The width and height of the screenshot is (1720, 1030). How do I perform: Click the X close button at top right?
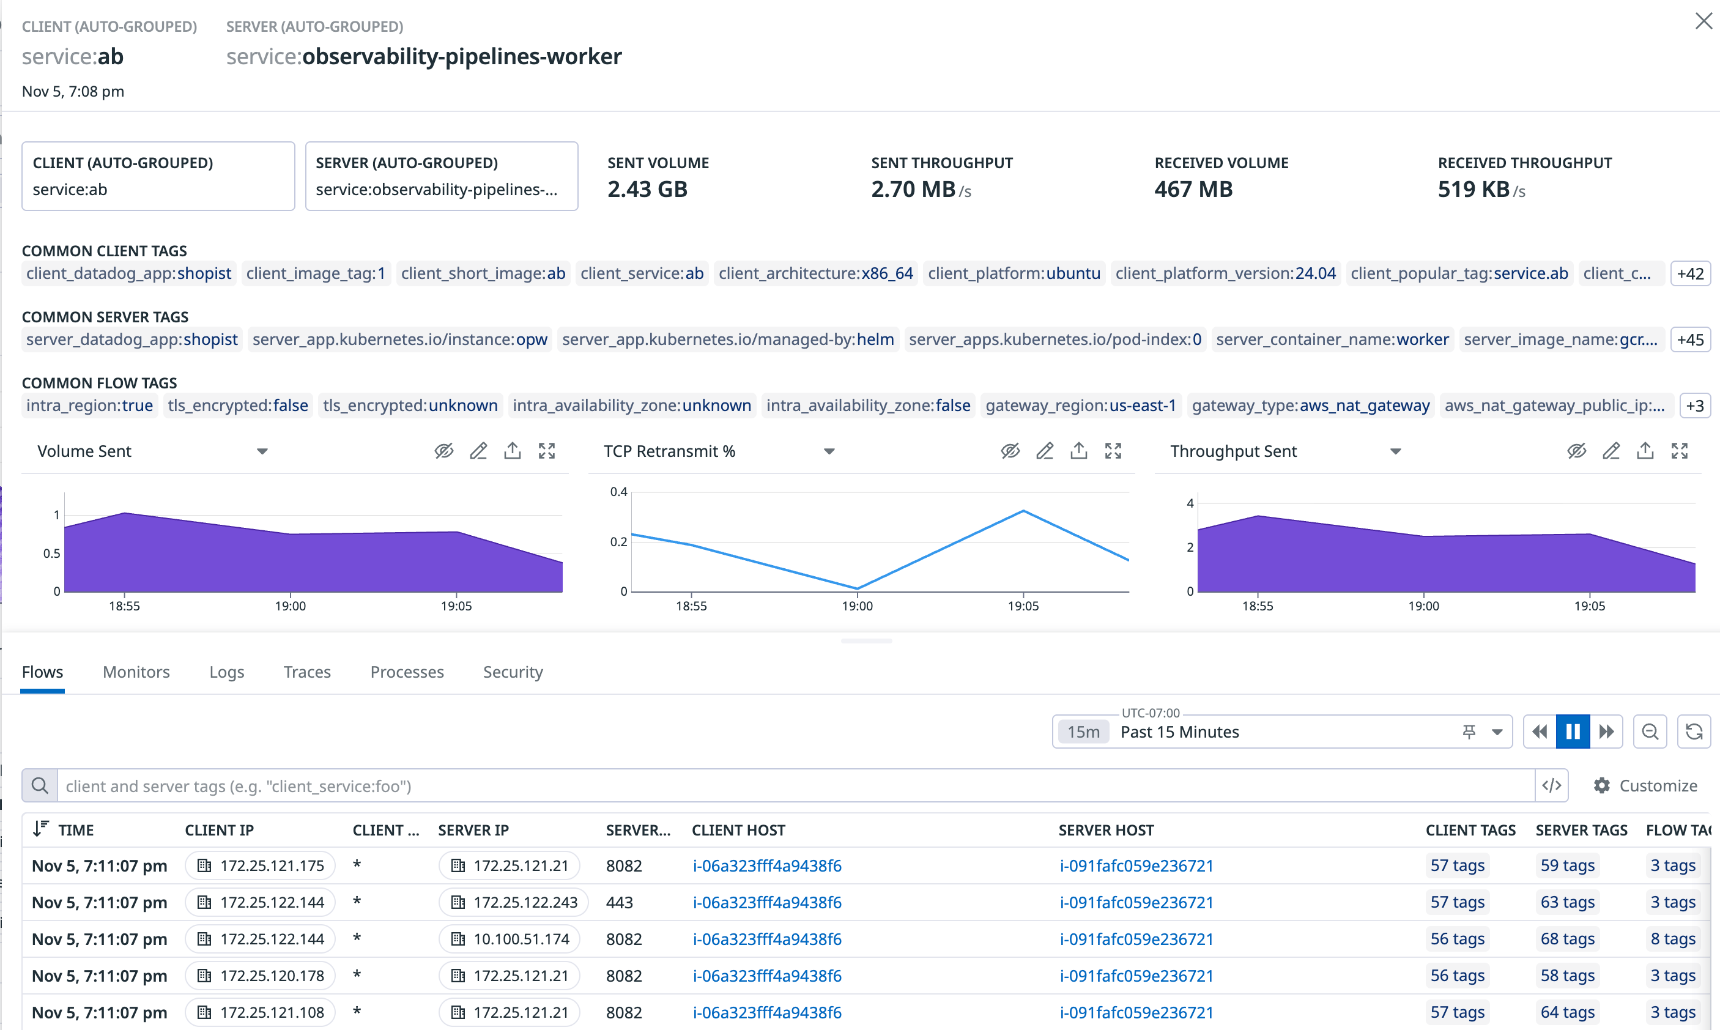point(1703,21)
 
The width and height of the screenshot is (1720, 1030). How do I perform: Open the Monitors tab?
point(136,672)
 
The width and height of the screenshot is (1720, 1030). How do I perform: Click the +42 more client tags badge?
point(1689,273)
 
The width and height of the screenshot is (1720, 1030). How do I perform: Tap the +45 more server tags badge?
point(1689,339)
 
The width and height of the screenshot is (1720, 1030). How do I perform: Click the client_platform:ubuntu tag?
point(1014,273)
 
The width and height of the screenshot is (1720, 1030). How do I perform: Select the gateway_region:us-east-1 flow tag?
point(1080,406)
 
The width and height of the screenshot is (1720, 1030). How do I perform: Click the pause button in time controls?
point(1572,732)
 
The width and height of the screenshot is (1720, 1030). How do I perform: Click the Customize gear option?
point(1645,786)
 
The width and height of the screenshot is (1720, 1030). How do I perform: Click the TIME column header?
point(75,830)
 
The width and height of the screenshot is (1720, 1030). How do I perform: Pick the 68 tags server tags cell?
point(1566,939)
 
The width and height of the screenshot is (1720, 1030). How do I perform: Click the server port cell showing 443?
point(619,902)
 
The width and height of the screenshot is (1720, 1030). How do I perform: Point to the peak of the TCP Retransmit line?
point(1023,511)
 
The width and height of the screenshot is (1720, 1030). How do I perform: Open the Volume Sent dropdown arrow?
point(262,452)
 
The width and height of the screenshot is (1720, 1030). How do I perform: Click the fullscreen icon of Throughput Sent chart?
point(1679,451)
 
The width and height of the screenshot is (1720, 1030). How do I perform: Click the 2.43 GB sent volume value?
point(647,190)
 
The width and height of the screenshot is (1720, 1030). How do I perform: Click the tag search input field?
point(791,786)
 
